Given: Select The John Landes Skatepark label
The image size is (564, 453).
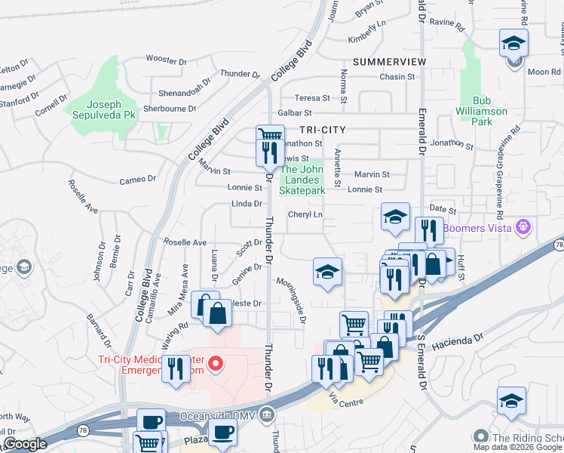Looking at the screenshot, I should click(x=302, y=180).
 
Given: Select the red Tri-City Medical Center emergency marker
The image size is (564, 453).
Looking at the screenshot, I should click(x=216, y=365).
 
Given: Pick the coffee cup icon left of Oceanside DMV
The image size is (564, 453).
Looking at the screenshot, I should click(x=151, y=421).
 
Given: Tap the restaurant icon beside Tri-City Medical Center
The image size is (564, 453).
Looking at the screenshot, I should click(x=176, y=368).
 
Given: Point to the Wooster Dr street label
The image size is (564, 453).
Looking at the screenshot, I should click(x=166, y=58).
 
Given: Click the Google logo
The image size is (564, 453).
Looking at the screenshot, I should click(x=26, y=444).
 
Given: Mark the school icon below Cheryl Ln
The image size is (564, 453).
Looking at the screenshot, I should click(x=328, y=272).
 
